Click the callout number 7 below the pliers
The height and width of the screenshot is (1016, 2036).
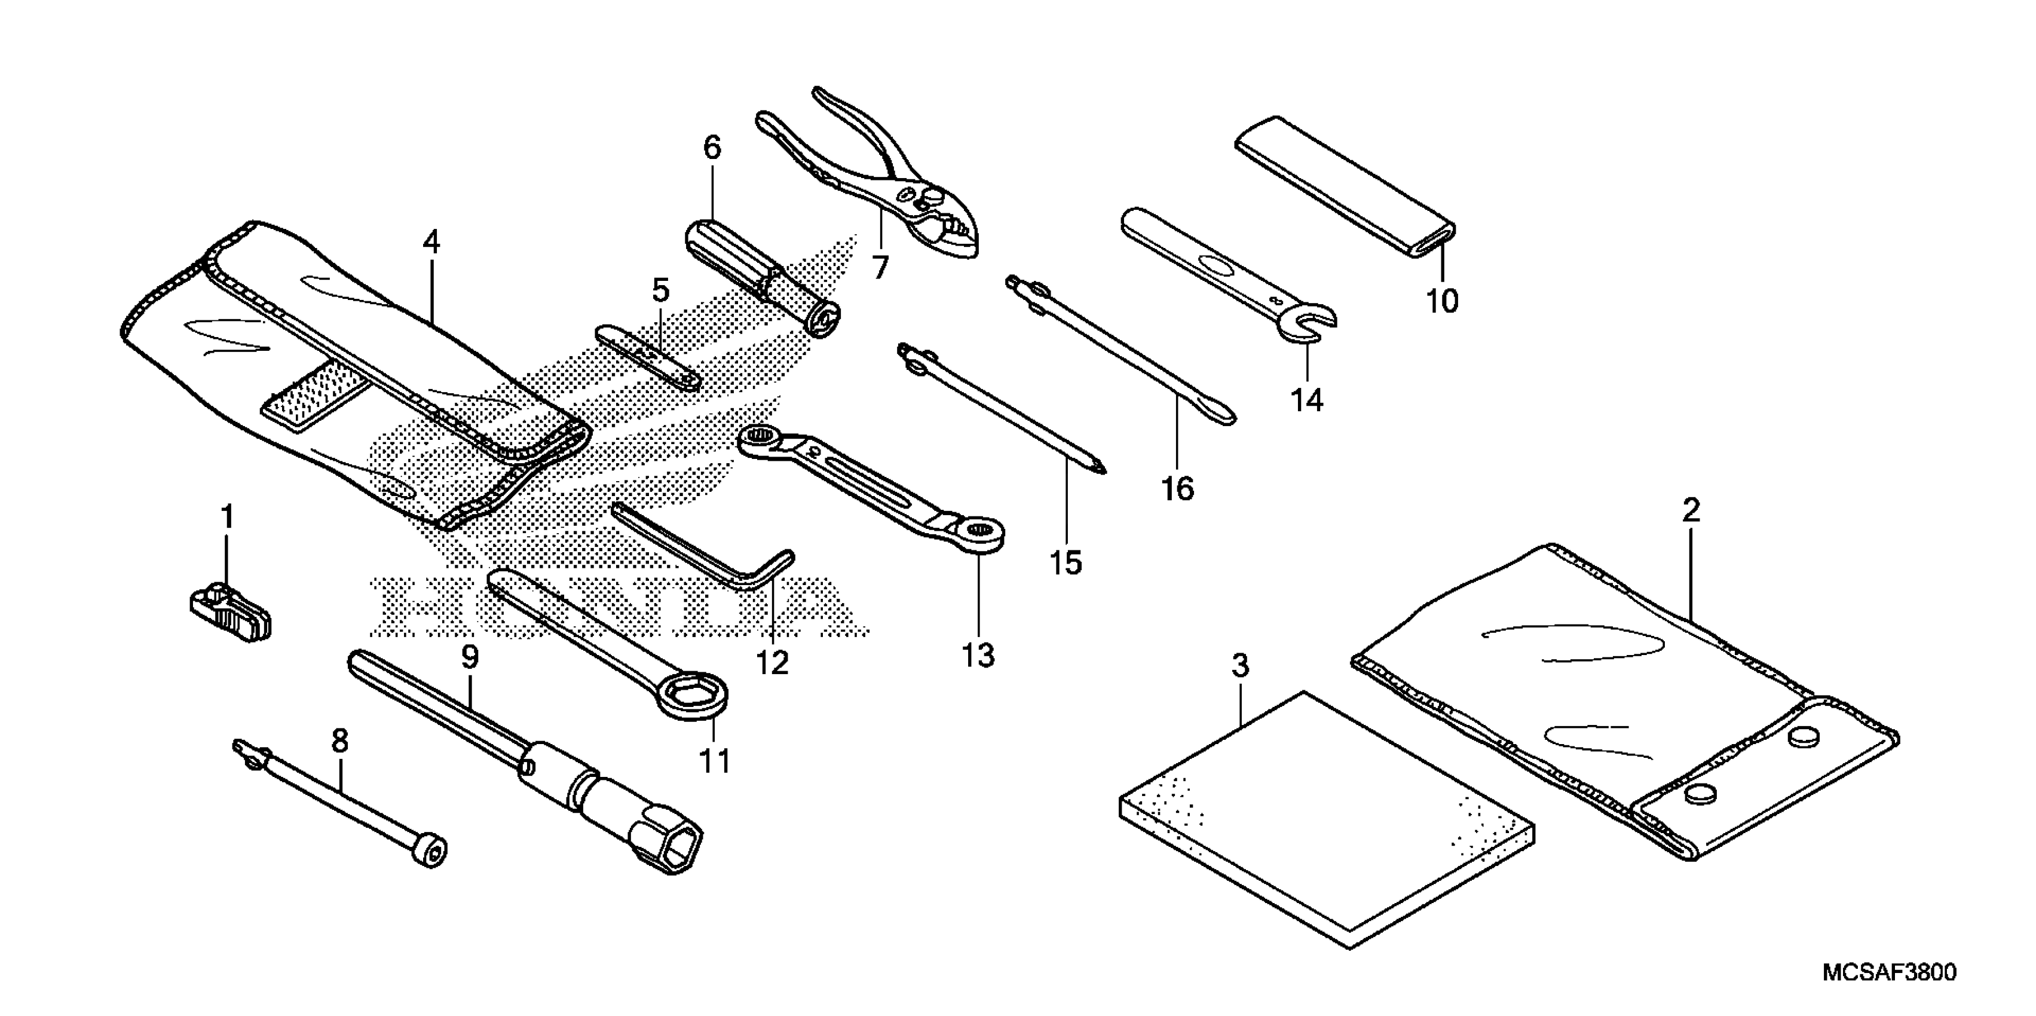[x=880, y=267]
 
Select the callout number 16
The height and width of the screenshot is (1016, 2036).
[x=1177, y=489]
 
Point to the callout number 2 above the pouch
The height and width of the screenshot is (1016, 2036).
[x=1691, y=510]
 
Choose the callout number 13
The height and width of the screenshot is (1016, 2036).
[x=978, y=654]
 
